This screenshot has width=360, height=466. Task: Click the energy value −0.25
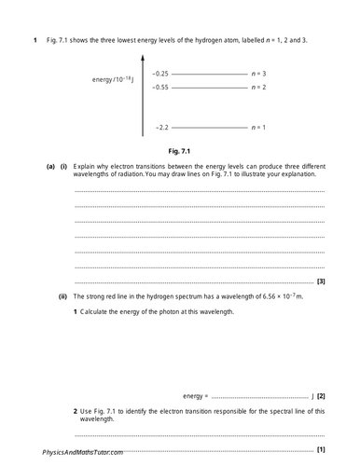pyautogui.click(x=161, y=73)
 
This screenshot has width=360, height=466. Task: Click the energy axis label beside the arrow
pyautogui.click(x=114, y=80)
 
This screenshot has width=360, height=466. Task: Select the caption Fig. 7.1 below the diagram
pyautogui.click(x=181, y=149)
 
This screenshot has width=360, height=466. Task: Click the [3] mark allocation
pyautogui.click(x=321, y=281)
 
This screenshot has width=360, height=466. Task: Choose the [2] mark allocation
pyautogui.click(x=321, y=396)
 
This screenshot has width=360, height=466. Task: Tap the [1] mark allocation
pyautogui.click(x=321, y=449)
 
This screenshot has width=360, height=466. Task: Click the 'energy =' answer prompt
pyautogui.click(x=195, y=396)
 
